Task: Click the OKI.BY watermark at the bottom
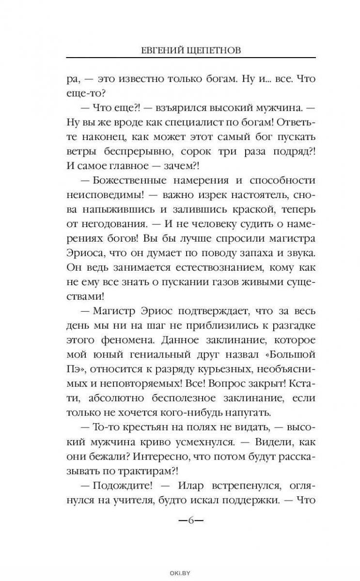click(180, 573)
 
